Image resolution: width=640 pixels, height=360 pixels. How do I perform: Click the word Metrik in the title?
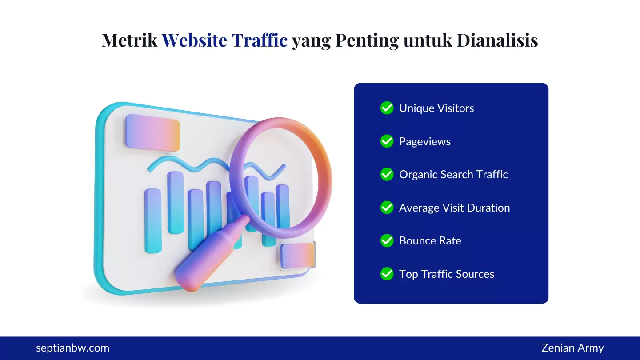(x=129, y=40)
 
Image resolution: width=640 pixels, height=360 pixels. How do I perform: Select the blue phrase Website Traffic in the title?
(x=224, y=40)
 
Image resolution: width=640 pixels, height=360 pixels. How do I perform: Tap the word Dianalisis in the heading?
(x=497, y=40)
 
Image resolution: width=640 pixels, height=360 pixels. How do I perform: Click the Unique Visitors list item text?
(x=436, y=108)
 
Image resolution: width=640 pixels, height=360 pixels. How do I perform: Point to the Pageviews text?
(x=424, y=142)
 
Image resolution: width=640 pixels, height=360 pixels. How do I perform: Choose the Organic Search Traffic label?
(x=453, y=175)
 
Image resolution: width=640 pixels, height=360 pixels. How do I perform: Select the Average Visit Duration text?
(x=454, y=208)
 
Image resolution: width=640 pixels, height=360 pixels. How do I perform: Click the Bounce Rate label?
(x=430, y=241)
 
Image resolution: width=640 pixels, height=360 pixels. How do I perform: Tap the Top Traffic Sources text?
(x=446, y=274)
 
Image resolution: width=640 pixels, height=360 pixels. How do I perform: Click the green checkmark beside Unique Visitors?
(x=387, y=108)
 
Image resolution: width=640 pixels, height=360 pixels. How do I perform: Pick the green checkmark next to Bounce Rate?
(x=387, y=241)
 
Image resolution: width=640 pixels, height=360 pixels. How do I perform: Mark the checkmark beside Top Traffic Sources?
(x=387, y=274)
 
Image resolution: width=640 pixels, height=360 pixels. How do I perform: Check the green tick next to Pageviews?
(x=387, y=141)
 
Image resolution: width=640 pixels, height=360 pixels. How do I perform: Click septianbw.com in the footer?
(x=72, y=348)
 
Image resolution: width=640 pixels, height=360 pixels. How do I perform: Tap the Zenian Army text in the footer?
(x=572, y=348)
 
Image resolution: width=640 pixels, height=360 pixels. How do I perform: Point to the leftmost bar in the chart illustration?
(x=153, y=221)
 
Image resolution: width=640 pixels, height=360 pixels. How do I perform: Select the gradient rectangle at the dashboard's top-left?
(x=152, y=132)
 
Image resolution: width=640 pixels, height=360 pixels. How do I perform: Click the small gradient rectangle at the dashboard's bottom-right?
(x=297, y=256)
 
